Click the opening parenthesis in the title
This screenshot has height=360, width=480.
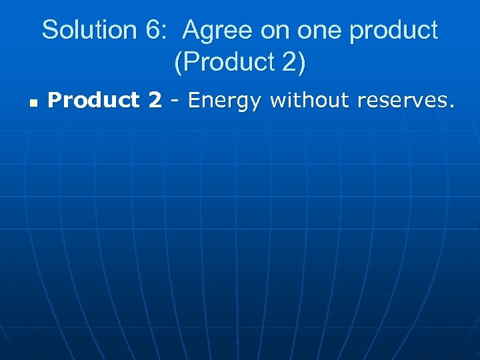(x=178, y=63)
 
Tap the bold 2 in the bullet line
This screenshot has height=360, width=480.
(x=155, y=100)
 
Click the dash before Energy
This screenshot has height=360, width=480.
(x=175, y=101)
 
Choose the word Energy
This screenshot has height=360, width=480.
(x=225, y=101)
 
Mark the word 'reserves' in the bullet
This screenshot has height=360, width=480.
(x=401, y=100)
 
